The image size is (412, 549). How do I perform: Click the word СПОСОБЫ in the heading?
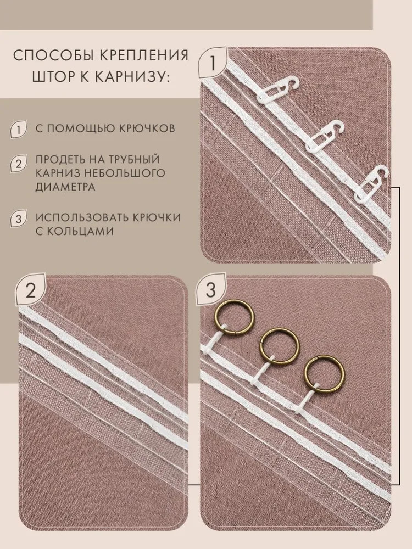click(47, 55)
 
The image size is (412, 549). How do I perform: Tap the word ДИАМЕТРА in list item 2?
click(65, 187)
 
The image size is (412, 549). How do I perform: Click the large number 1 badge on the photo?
click(213, 63)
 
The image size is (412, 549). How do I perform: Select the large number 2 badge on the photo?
click(31, 290)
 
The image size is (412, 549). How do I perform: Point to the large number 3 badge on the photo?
click(210, 290)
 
